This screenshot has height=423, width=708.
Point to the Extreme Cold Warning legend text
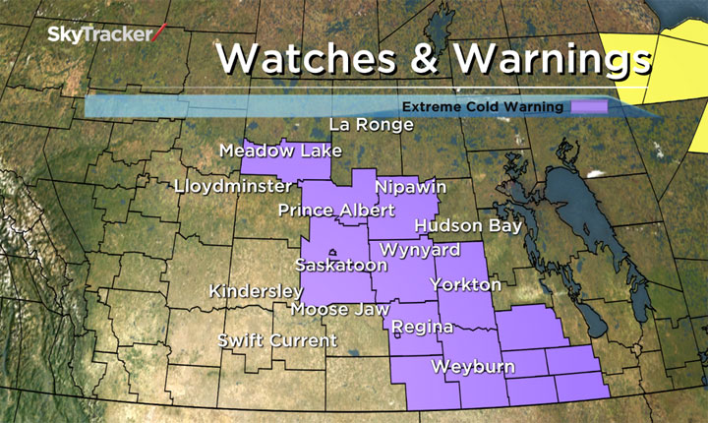tap(483, 106)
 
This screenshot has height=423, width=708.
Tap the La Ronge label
tap(371, 125)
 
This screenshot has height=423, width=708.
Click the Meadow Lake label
tap(280, 151)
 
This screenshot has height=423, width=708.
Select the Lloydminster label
tap(232, 186)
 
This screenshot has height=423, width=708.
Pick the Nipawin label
tap(411, 187)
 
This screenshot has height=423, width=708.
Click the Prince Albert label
tap(336, 211)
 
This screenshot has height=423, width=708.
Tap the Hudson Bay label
tap(467, 225)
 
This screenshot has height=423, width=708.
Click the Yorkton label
tap(466, 285)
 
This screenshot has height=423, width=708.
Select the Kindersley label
tap(257, 292)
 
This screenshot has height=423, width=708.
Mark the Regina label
tap(422, 327)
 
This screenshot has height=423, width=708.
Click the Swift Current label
tap(277, 341)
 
